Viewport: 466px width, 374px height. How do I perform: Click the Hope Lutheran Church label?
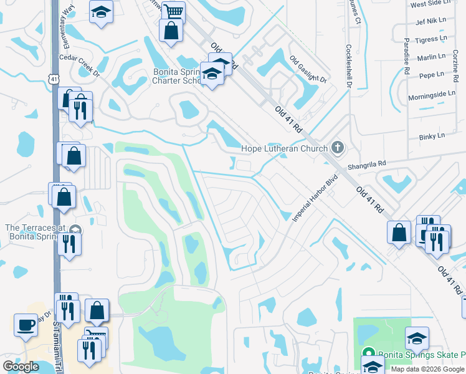pos(284,148)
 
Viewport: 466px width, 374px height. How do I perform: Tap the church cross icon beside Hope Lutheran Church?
pos(338,148)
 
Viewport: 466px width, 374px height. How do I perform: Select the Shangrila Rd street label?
pos(368,163)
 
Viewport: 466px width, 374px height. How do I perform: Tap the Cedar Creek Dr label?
pos(79,64)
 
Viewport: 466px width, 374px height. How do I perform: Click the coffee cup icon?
pos(26,325)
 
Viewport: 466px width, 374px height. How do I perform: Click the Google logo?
pos(21,367)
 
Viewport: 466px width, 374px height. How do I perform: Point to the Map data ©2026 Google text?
pos(427,369)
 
